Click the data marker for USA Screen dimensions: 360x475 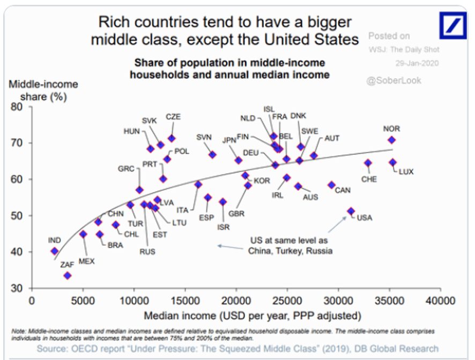point(351,211)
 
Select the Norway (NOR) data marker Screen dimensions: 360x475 point(392,140)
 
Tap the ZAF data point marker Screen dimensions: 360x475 point(67,275)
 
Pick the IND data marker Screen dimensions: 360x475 point(54,251)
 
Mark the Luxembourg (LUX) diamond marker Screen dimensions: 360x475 point(393,162)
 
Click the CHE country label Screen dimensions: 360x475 point(369,179)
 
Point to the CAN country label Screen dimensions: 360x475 point(343,190)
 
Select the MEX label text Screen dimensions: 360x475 point(86,261)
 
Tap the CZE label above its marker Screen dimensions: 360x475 point(173,117)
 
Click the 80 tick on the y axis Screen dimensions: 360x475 point(19,107)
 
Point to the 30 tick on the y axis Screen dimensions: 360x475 point(19,288)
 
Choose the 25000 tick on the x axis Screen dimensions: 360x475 point(287,301)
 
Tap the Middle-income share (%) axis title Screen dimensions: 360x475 point(42,91)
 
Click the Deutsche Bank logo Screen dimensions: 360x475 point(452,24)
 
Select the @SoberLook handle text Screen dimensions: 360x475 point(394,80)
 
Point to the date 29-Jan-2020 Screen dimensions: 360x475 point(418,62)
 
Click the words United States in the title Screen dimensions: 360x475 point(311,39)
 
